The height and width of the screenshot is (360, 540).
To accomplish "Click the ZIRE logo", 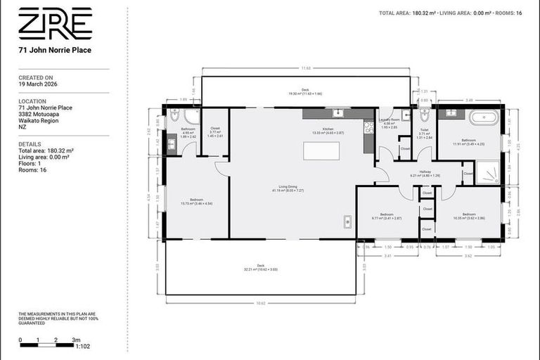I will pyautogui.click(x=55, y=24).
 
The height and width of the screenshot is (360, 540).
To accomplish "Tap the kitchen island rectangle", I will pyautogui.click(x=320, y=151).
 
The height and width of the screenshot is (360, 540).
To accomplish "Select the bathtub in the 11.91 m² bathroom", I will pyautogui.click(x=484, y=117).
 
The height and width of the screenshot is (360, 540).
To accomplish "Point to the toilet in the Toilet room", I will pyautogui.click(x=424, y=115).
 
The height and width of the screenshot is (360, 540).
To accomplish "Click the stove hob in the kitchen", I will pyautogui.click(x=368, y=127).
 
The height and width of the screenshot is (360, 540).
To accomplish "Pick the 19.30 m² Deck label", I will pyautogui.click(x=305, y=91).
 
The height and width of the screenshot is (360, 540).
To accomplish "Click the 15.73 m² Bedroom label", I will pyautogui.click(x=196, y=201).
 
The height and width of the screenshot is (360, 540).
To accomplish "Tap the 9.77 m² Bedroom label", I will pyautogui.click(x=387, y=215).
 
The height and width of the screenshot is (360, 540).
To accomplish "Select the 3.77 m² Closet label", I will pyautogui.click(x=215, y=131).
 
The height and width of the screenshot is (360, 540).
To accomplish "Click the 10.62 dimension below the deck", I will pyautogui.click(x=261, y=303).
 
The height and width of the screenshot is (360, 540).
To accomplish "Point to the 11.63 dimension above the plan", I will pyautogui.click(x=305, y=68).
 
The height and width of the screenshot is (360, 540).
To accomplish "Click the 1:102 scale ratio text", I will pyautogui.click(x=82, y=346).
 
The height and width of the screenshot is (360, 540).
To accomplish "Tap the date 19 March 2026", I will pyautogui.click(x=38, y=84).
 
